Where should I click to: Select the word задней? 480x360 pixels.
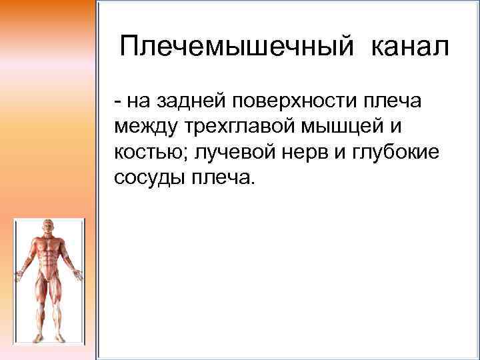191,101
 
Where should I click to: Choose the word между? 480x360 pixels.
143,127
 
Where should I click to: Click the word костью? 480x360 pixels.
149,152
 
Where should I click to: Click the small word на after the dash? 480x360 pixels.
137,101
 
